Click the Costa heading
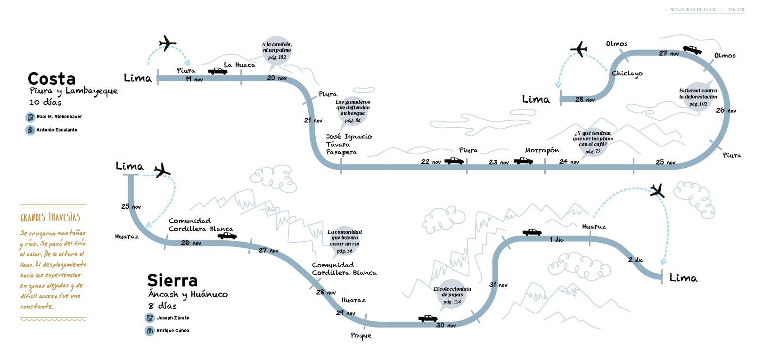52,79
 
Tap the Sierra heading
172,280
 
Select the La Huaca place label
239,65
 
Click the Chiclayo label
627,74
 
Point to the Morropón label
542,150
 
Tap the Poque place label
361,335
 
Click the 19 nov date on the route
194,79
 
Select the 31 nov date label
499,285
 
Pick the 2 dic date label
635,260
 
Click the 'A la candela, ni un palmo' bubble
277,50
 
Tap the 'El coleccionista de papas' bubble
452,295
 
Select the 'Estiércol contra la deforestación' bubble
698,97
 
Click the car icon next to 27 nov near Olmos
692,50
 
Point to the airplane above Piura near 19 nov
167,43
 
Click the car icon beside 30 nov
428,319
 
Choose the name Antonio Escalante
57,130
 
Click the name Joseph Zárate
173,318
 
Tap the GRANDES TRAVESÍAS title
50,218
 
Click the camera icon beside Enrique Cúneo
150,331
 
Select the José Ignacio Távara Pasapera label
349,145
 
